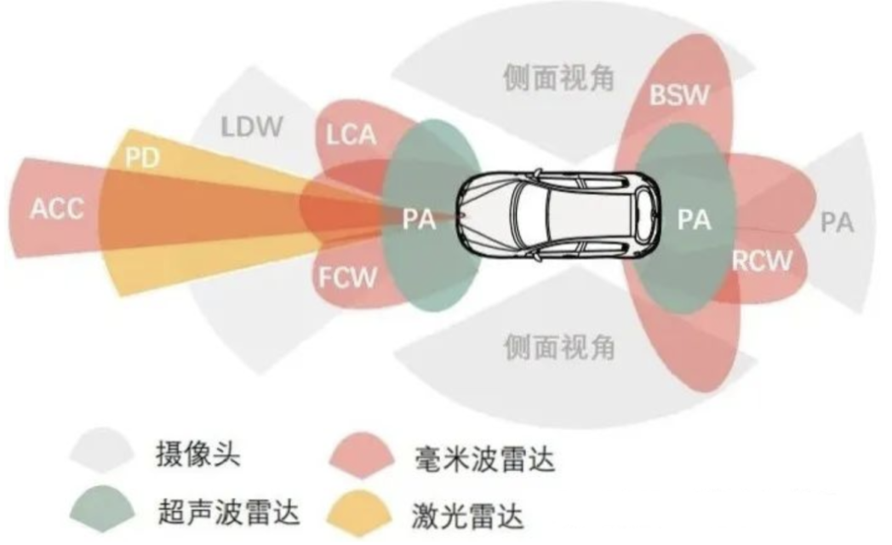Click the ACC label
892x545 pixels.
point(58,209)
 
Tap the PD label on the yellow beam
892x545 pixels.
point(142,159)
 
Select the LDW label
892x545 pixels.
point(251,128)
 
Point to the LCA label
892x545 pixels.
point(352,134)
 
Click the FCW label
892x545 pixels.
point(347,278)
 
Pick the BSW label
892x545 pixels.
point(678,95)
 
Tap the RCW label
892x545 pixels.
point(762,261)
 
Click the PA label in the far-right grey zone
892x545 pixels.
point(837,223)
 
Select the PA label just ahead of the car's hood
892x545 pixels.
point(420,220)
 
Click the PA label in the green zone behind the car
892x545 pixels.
point(694,220)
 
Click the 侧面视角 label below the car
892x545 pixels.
point(559,347)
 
